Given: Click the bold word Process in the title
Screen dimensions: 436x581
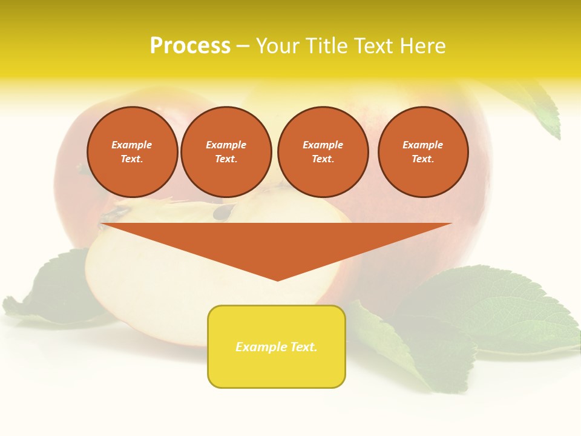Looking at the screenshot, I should tap(190, 46).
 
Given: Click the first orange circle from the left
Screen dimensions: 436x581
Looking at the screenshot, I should tap(132, 152).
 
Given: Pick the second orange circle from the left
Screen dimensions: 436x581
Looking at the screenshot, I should tap(226, 152).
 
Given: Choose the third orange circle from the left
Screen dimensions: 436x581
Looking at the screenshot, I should tap(323, 152).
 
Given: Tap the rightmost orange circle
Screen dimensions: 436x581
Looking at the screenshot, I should tap(422, 152).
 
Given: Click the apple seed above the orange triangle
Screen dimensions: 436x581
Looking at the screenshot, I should tap(225, 212).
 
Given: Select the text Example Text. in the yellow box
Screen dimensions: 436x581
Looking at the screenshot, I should tap(277, 347).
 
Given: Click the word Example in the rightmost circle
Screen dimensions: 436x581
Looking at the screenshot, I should tap(422, 145).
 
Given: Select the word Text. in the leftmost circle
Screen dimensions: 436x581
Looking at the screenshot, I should tap(132, 159).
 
